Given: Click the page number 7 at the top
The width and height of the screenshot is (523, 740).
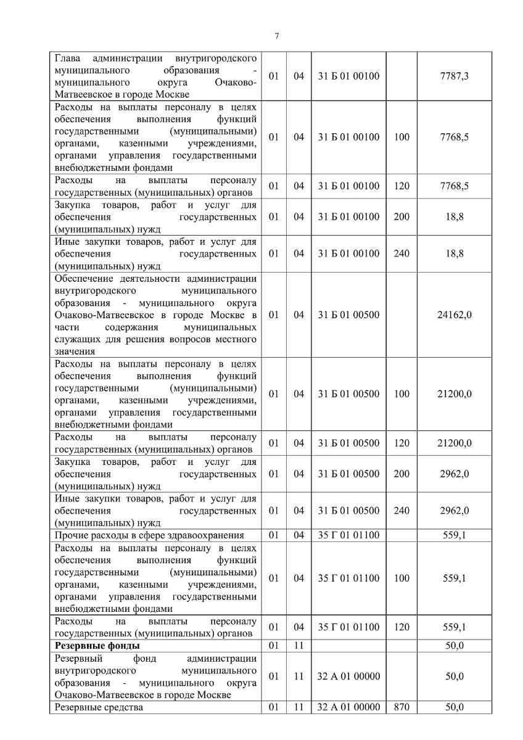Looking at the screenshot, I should click(x=276, y=36).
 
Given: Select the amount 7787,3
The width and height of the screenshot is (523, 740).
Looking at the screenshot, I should click(x=454, y=76).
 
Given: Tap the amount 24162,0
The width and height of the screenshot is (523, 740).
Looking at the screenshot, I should click(x=454, y=314).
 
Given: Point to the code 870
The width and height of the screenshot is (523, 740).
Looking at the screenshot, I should click(x=401, y=707).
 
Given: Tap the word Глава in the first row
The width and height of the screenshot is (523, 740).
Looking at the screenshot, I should click(x=68, y=59).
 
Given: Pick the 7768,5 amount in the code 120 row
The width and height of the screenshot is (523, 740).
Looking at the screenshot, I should click(x=454, y=186).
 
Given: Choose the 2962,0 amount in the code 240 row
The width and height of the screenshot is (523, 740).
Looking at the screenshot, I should click(x=454, y=511).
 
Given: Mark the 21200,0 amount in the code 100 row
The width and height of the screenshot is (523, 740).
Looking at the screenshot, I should click(x=454, y=393).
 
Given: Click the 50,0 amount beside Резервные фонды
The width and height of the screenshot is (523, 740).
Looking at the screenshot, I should click(x=454, y=646).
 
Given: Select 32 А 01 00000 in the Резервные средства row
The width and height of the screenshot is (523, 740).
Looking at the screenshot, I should click(x=349, y=707).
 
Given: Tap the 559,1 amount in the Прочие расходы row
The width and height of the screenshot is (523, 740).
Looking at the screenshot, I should click(x=454, y=535).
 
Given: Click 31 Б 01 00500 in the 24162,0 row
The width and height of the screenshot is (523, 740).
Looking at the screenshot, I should click(x=349, y=314).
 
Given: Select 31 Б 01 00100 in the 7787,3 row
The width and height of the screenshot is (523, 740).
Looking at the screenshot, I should click(x=349, y=76).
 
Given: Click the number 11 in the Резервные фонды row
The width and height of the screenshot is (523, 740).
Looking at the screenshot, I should click(x=299, y=646).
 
